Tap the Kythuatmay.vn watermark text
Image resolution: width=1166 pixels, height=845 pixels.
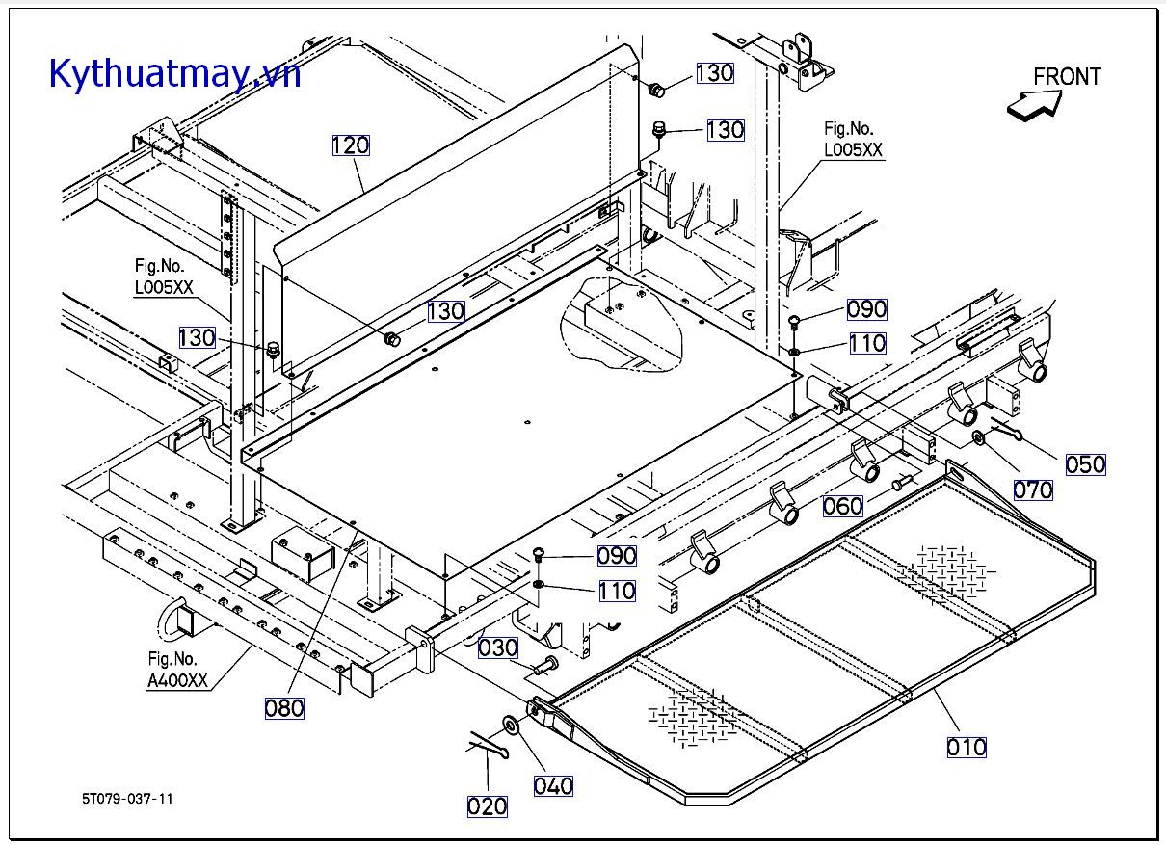point(174,73)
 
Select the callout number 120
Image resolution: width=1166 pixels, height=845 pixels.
point(351,145)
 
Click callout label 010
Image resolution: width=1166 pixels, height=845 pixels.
point(967,747)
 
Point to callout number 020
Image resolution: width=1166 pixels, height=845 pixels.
point(488,806)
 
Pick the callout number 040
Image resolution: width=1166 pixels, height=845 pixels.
point(553,786)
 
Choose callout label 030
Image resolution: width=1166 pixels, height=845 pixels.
point(498,648)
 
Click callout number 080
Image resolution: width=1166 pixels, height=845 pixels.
point(284,708)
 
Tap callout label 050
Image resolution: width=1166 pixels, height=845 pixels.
point(1086,464)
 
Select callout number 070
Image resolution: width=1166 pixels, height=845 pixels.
point(1033,489)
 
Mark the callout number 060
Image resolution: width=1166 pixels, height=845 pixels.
point(843,506)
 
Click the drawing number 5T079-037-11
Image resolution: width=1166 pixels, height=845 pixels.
point(128,799)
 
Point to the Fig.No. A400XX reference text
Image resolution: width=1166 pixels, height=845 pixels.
point(177,671)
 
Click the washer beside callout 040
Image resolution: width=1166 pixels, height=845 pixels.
point(508,726)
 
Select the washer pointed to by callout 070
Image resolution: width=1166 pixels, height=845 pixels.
point(978,438)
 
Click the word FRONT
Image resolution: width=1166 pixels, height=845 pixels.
point(1067,76)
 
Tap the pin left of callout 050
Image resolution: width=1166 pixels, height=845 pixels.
point(1006,430)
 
